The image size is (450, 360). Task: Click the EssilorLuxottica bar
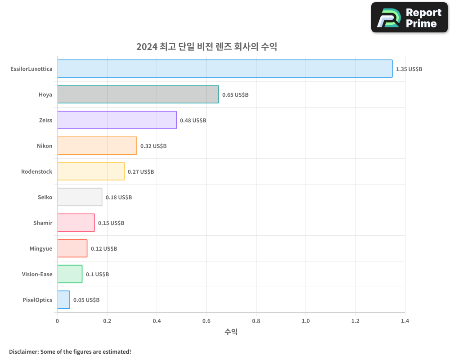pyautogui.click(x=225, y=69)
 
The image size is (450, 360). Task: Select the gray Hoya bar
pyautogui.click(x=138, y=94)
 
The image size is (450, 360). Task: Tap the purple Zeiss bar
pyautogui.click(x=117, y=120)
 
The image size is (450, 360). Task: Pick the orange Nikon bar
pyautogui.click(x=97, y=146)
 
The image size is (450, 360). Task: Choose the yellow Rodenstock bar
pyautogui.click(x=91, y=171)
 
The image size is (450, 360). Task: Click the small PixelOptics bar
pyautogui.click(x=63, y=300)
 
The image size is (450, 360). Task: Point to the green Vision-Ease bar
pyautogui.click(x=70, y=274)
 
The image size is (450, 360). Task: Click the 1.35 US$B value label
pyautogui.click(x=409, y=69)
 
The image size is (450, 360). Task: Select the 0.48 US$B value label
pyautogui.click(x=193, y=121)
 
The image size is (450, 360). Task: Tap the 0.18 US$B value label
pyautogui.click(x=119, y=198)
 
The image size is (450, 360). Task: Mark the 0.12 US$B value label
pyautogui.click(x=104, y=249)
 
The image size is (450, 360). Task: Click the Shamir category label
pyautogui.click(x=43, y=223)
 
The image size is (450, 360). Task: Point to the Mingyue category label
pyautogui.click(x=41, y=248)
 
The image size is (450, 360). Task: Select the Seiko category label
pyautogui.click(x=45, y=197)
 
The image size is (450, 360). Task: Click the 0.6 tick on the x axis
pyautogui.click(x=206, y=321)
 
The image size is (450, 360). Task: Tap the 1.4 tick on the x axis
pyautogui.click(x=405, y=321)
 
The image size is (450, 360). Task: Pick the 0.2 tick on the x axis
pyautogui.click(x=107, y=321)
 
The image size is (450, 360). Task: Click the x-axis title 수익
pyautogui.click(x=231, y=332)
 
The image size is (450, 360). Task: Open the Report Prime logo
pyautogui.click(x=409, y=18)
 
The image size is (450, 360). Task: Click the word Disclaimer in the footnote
pyautogui.click(x=23, y=351)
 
